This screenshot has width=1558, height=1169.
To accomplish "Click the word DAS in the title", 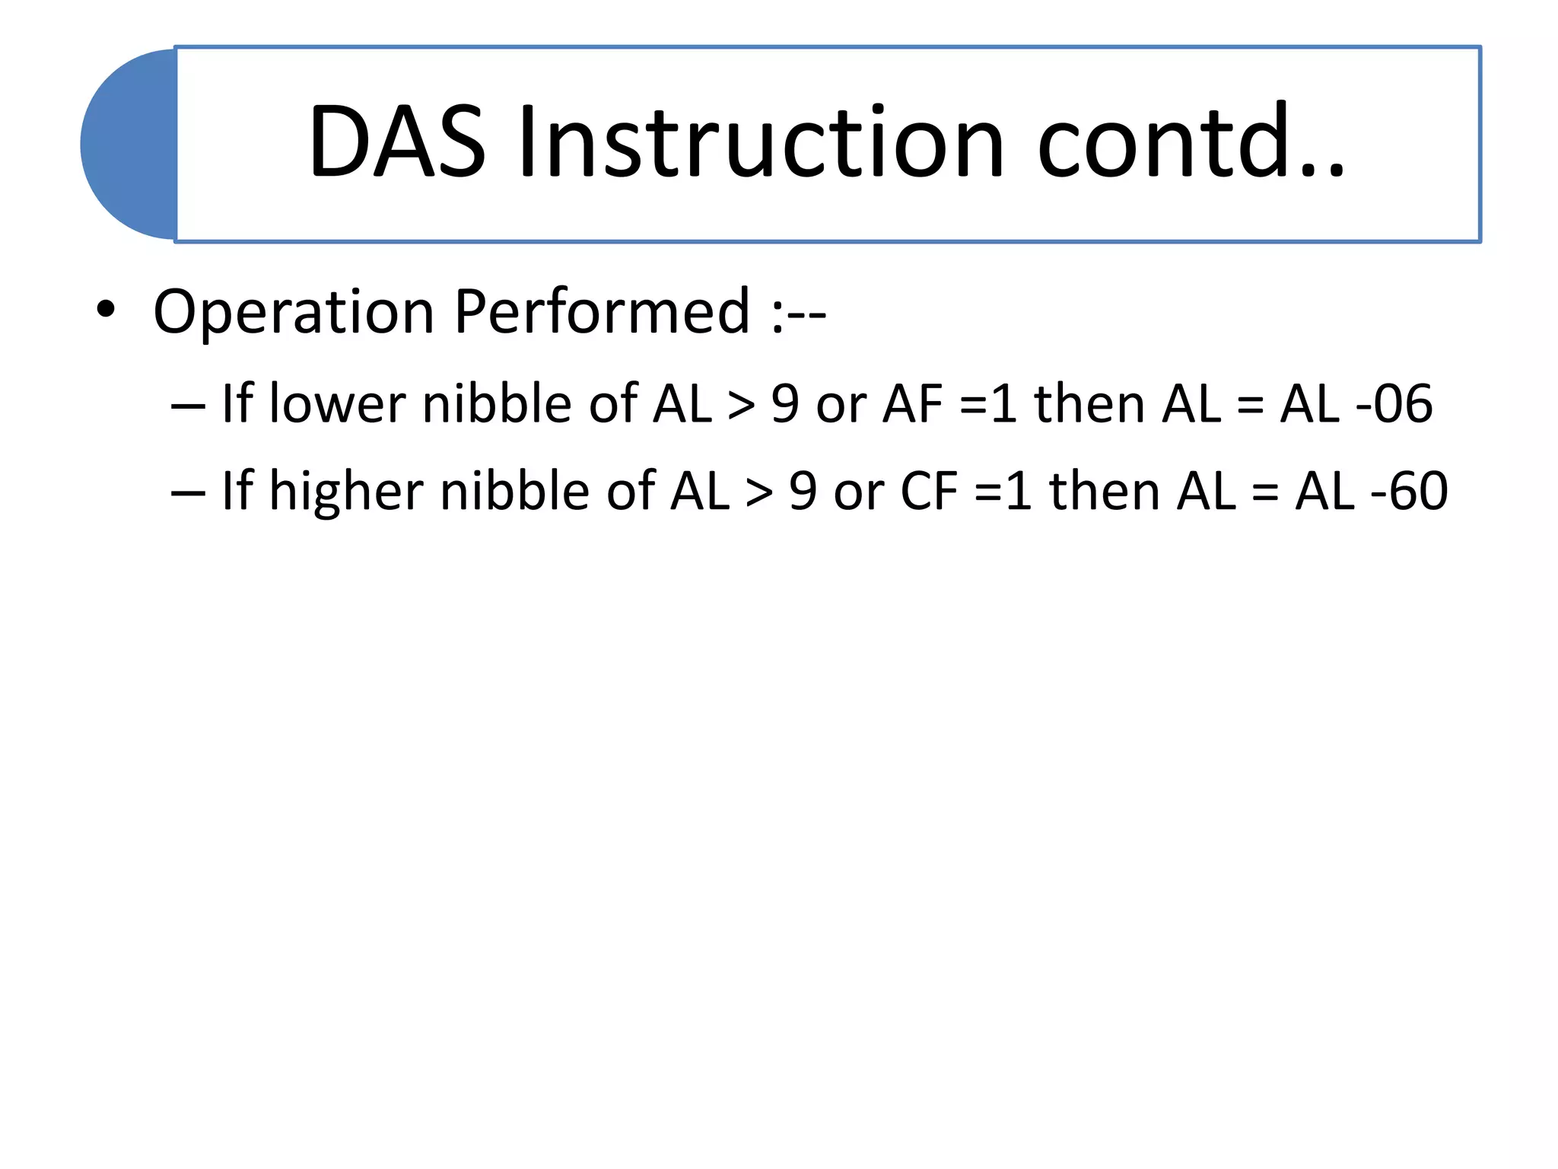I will [x=396, y=143].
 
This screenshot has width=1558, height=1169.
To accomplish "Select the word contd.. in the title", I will [x=1191, y=143].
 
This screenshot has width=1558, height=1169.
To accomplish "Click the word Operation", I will [x=294, y=312].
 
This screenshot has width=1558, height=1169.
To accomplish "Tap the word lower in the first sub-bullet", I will [x=338, y=403].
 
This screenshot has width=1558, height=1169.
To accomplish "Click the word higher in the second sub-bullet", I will [x=346, y=491].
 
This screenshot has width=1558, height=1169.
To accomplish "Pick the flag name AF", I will [x=913, y=403].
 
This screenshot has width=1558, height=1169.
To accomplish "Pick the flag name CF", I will [x=929, y=491].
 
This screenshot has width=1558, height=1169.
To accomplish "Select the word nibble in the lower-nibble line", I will [x=497, y=403].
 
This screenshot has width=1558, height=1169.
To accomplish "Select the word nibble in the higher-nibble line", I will [x=514, y=491].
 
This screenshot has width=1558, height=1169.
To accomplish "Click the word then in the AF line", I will [x=1089, y=403].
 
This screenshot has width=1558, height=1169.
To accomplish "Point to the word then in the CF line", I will [x=1104, y=491].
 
